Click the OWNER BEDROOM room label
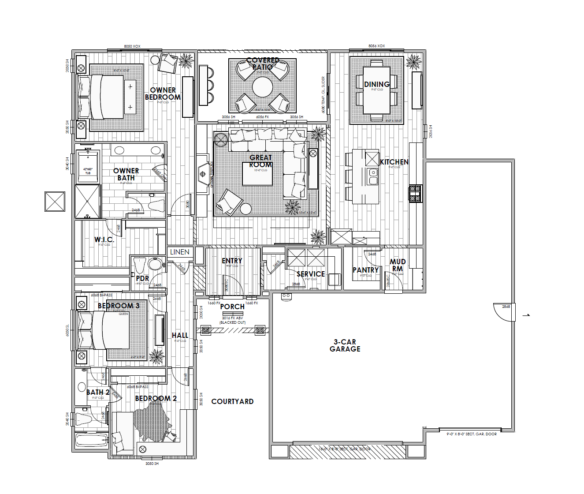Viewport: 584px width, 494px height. (x=163, y=94)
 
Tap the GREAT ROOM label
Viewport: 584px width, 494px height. (x=260, y=161)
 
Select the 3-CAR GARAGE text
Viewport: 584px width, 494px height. (x=345, y=345)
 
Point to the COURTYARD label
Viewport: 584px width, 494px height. (x=232, y=401)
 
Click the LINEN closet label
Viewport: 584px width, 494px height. (x=180, y=252)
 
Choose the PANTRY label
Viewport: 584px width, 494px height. (x=365, y=270)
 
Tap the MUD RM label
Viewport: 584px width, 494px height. (x=398, y=265)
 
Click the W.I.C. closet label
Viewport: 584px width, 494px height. (x=104, y=240)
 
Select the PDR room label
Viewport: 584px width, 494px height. (x=142, y=278)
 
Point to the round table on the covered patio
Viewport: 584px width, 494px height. (x=262, y=87)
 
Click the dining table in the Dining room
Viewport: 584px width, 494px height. (x=377, y=92)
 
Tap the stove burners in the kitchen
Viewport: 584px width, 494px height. (x=415, y=194)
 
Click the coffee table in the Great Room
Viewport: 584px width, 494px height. (x=257, y=174)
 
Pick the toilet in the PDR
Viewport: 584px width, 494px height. (x=140, y=265)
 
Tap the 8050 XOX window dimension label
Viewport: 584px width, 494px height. (x=132, y=46)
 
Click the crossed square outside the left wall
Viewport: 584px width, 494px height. (x=55, y=202)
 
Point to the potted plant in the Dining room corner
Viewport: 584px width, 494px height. (x=413, y=61)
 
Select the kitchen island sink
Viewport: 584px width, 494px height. (x=373, y=176)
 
